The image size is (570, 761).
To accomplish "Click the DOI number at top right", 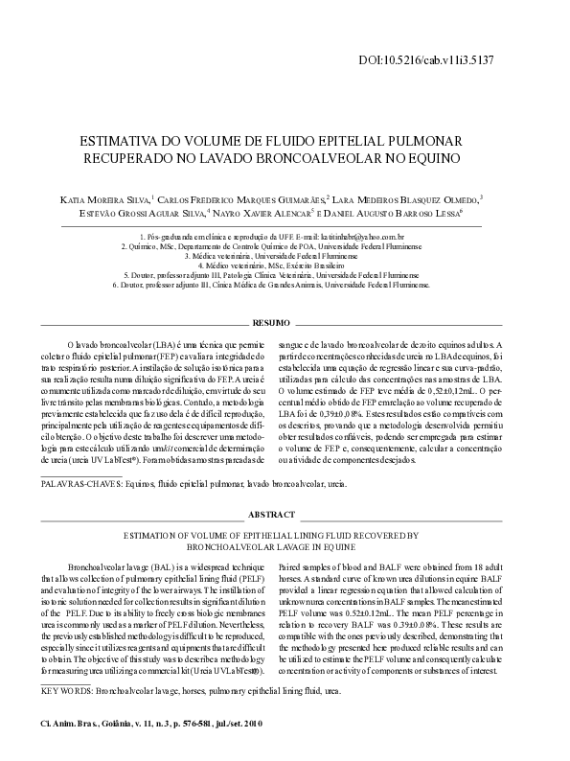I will point(441,59).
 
